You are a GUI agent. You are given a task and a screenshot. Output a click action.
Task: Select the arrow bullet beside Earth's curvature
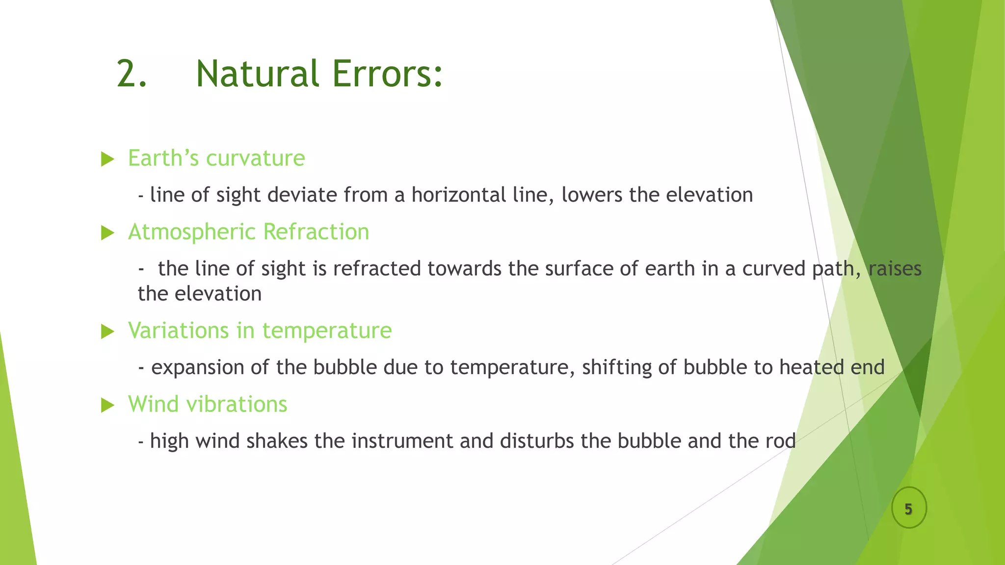(x=107, y=159)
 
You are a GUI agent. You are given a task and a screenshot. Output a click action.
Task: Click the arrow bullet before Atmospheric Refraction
(x=107, y=232)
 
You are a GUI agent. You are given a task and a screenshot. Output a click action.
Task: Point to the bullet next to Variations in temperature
(x=107, y=332)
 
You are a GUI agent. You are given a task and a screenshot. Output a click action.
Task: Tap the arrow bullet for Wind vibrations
(x=107, y=405)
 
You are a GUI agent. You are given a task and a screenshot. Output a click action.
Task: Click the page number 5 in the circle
(x=908, y=509)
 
